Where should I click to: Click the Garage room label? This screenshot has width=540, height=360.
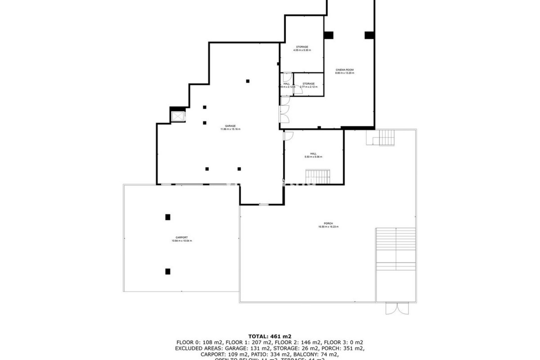tap(230, 127)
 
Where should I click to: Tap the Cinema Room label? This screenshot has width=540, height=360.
tap(345, 71)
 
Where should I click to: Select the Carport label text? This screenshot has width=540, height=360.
tap(182, 239)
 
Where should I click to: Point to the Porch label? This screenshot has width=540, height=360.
tap(328, 225)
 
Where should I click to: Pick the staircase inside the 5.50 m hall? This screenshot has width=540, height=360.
tap(318, 176)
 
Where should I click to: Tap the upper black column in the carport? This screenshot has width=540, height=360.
tap(168, 217)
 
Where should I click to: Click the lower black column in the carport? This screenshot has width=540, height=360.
tap(168, 271)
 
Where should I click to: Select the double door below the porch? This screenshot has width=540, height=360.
tap(396, 309)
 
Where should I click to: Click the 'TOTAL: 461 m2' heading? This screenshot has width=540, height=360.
tap(270, 336)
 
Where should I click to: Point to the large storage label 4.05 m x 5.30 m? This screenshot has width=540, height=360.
tap(302, 48)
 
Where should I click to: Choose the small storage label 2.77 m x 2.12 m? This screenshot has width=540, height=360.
tap(309, 85)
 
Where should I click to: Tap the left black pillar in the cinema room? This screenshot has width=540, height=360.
tap(328, 35)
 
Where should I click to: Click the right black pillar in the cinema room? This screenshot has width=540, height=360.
tap(369, 35)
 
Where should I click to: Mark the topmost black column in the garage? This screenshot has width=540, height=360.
tap(248, 81)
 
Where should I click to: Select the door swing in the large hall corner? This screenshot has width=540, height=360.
tap(289, 136)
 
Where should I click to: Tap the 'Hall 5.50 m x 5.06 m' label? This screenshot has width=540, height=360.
tap(313, 155)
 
